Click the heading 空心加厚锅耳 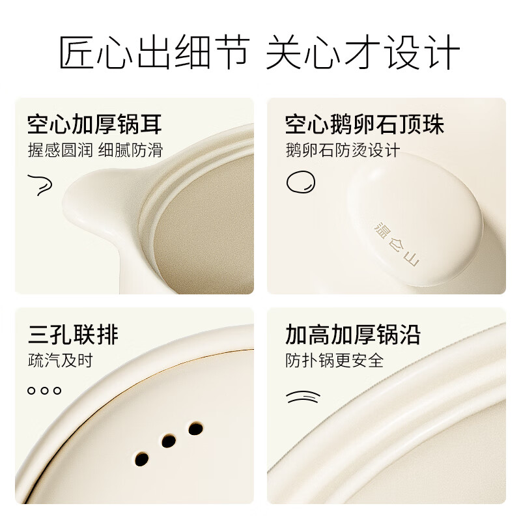(94, 124)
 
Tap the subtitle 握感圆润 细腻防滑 (94, 150)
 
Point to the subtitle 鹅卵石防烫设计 (342, 150)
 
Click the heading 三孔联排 (72, 335)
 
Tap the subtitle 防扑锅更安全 (334, 360)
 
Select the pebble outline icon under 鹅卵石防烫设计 (300, 182)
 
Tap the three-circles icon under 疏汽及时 (44, 391)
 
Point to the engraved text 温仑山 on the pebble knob (397, 242)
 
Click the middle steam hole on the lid (169, 441)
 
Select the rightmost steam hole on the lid (195, 429)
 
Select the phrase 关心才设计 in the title (363, 53)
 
